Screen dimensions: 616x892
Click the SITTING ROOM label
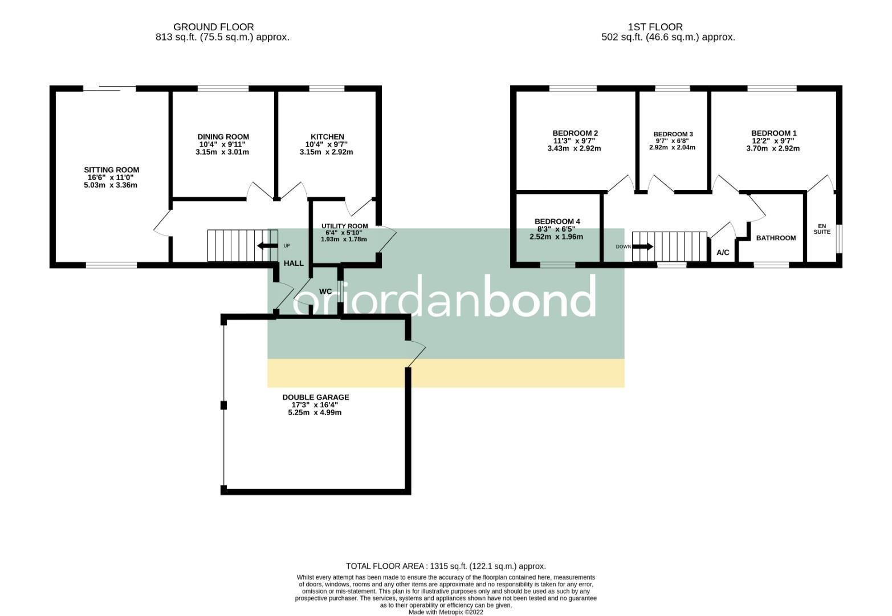pos(111,170)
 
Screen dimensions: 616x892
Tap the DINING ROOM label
pos(223,137)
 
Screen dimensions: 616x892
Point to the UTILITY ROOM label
pos(344,226)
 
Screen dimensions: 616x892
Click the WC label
pos(325,291)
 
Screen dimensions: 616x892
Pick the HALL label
pos(294,264)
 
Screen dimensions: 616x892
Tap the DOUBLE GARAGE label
pos(315,398)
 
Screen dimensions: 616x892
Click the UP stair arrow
pos(264,246)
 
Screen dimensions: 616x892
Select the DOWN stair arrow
pos(642,247)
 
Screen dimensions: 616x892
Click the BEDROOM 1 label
pos(773,133)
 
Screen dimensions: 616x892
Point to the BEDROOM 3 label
pos(673,134)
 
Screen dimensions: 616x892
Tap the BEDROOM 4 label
pos(557,221)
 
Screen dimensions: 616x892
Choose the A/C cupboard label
pos(722,253)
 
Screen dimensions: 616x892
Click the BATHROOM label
pos(775,238)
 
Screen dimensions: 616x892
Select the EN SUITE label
pos(821,228)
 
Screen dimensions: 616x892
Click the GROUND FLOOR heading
pos(213,27)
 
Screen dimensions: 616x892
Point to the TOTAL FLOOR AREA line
pos(446,566)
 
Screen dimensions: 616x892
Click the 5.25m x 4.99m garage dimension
pos(315,412)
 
